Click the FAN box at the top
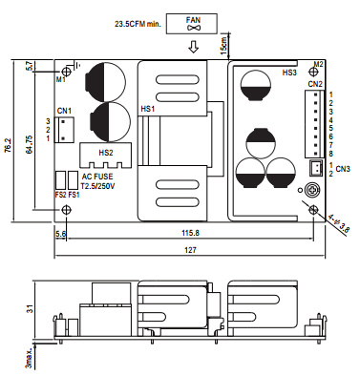tap(192, 24)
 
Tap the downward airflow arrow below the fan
tap(193, 47)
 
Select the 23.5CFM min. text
tap(138, 24)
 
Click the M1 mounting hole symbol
tap(67, 71)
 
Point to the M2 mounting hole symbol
tap(313, 72)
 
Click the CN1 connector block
tap(64, 130)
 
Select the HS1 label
tap(147, 109)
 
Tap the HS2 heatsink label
tap(106, 153)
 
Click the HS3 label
tap(289, 73)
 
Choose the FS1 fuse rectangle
tap(74, 181)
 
